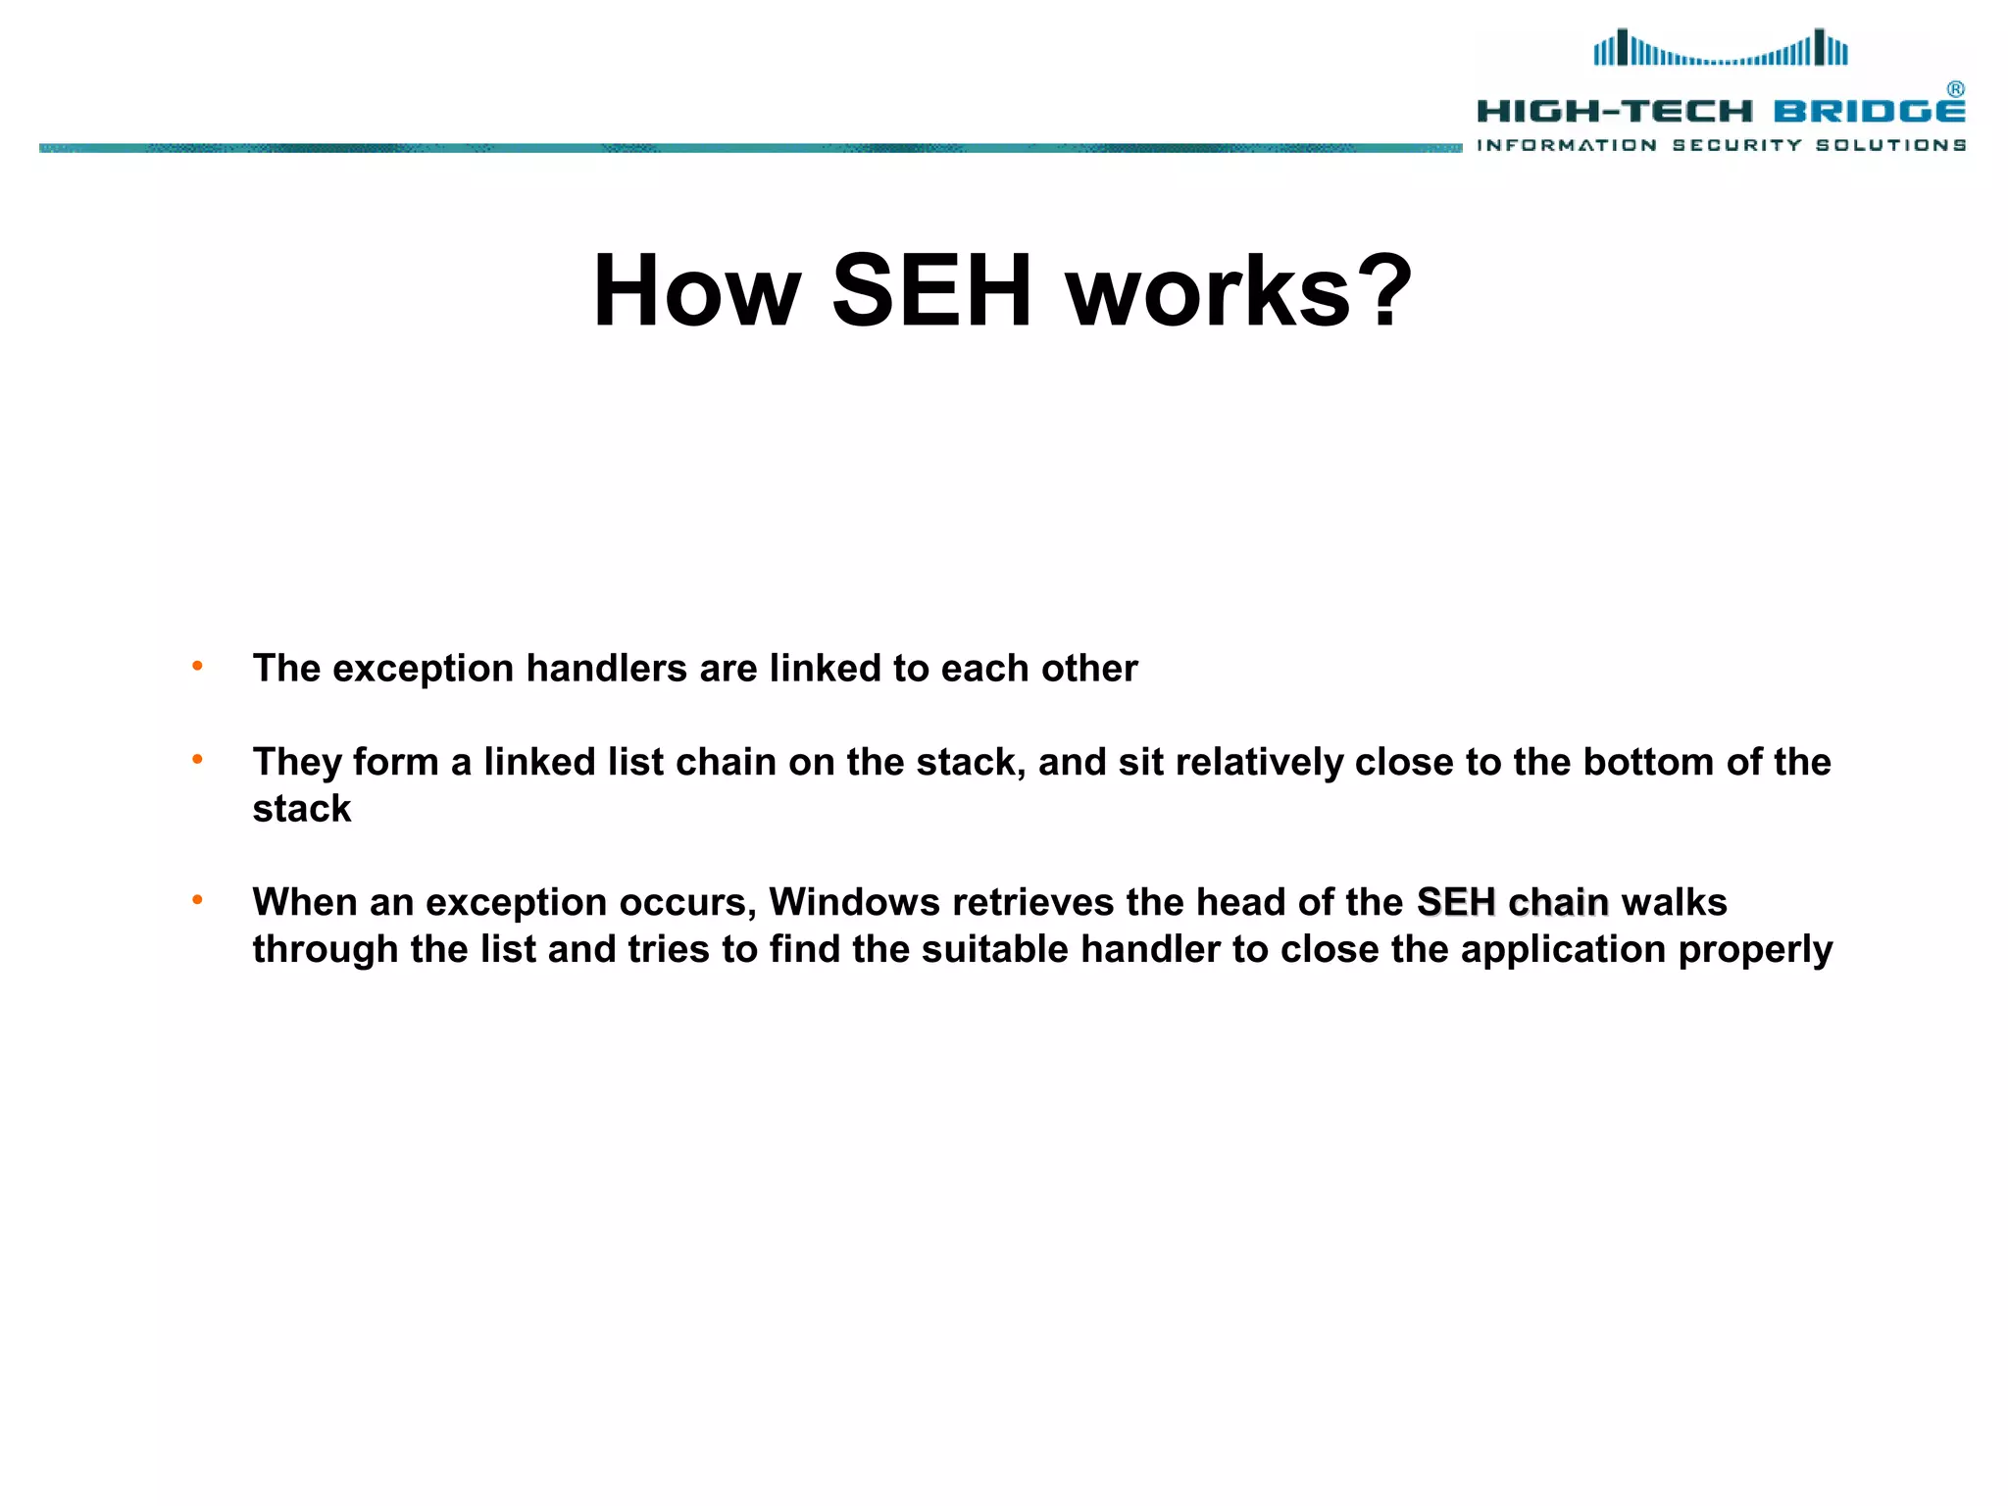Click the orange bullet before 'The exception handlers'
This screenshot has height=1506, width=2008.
pyautogui.click(x=197, y=667)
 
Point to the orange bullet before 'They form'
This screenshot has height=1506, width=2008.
pyautogui.click(x=197, y=760)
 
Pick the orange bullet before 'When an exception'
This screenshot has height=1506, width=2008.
pyautogui.click(x=197, y=900)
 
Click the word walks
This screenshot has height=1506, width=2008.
pyautogui.click(x=1674, y=902)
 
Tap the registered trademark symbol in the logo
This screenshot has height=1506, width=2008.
pyautogui.click(x=1955, y=89)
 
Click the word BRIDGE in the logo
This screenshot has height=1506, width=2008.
pyautogui.click(x=1869, y=112)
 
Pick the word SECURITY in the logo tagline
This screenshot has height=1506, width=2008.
pyautogui.click(x=1736, y=145)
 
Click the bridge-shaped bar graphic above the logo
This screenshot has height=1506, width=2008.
pyautogui.click(x=1721, y=48)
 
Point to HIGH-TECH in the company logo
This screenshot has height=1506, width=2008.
pyautogui.click(x=1614, y=112)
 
